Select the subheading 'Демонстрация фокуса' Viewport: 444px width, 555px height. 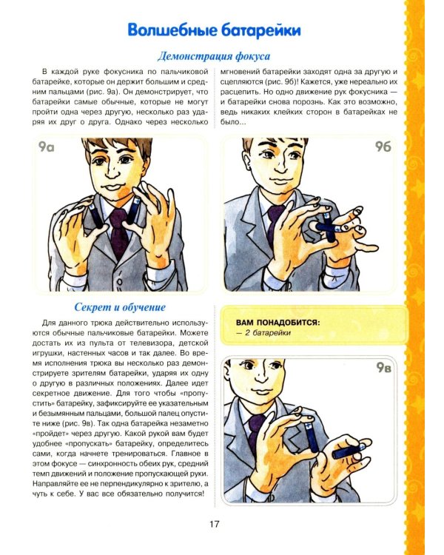[214, 55]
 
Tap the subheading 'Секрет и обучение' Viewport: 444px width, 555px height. [120, 306]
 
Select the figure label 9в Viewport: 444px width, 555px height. [383, 368]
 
